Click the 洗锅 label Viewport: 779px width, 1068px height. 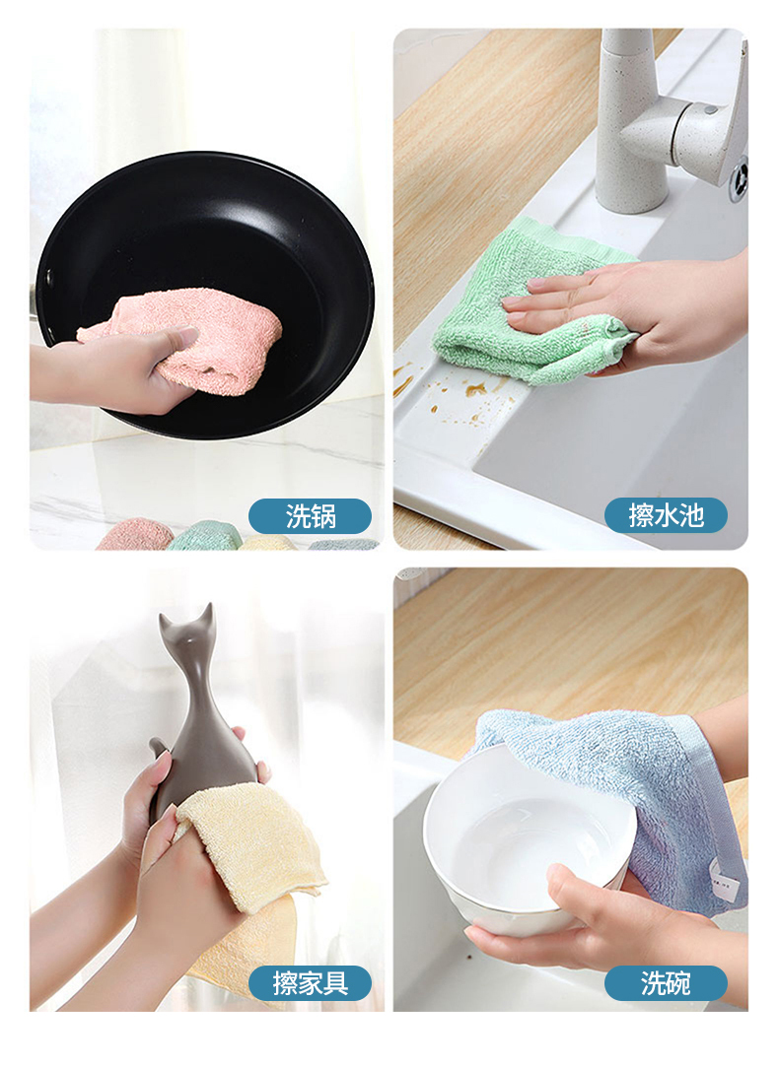pyautogui.click(x=310, y=515)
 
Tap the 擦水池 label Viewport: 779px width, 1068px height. pyautogui.click(x=666, y=515)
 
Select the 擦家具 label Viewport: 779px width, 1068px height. pyautogui.click(x=310, y=983)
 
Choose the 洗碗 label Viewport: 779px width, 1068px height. pyautogui.click(x=666, y=983)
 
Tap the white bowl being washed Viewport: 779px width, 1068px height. pyautogui.click(x=525, y=837)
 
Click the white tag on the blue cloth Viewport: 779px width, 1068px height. pyautogui.click(x=724, y=879)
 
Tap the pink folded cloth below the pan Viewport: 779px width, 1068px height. pyautogui.click(x=135, y=535)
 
